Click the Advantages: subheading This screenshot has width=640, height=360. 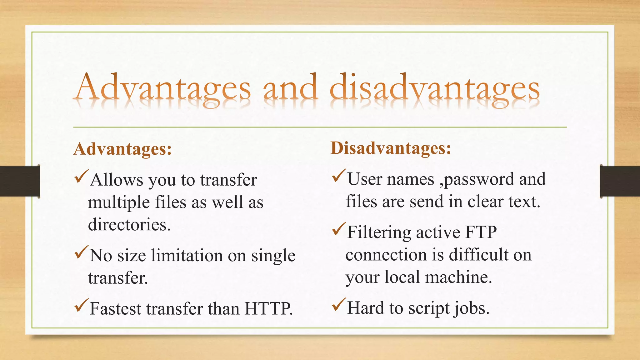pyautogui.click(x=122, y=149)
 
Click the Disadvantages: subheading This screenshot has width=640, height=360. pyautogui.click(x=391, y=148)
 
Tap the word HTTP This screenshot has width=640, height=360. pyautogui.click(x=268, y=309)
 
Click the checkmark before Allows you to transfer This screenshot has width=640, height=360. pyautogui.click(x=82, y=177)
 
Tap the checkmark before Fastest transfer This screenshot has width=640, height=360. pyautogui.click(x=82, y=306)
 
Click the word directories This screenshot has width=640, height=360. pyautogui.click(x=129, y=224)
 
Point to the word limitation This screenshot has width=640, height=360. pyautogui.click(x=187, y=255)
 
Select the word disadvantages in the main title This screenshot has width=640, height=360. pyautogui.click(x=434, y=88)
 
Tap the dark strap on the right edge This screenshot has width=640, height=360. pyautogui.click(x=620, y=181)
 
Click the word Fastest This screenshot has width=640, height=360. pyautogui.click(x=115, y=309)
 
